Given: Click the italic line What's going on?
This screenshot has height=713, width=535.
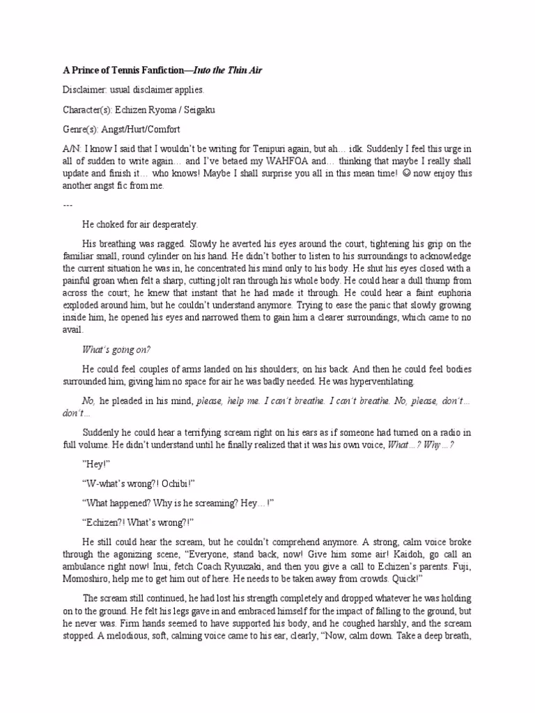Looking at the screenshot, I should pos(116,350).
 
